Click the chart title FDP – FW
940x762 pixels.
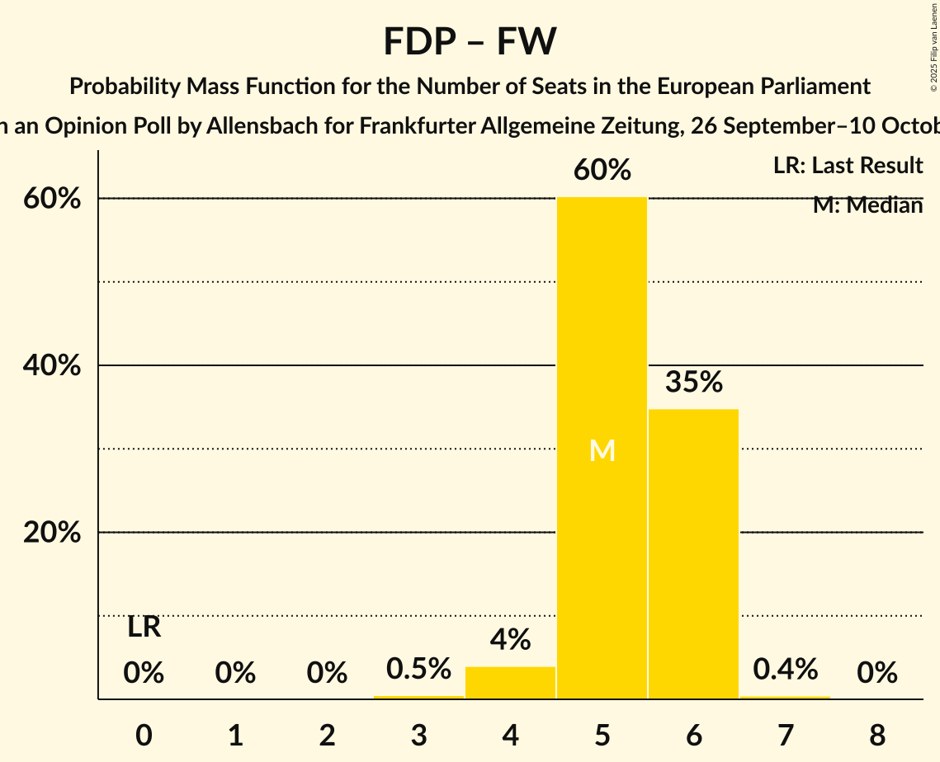[470, 41]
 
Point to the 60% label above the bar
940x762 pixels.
[602, 171]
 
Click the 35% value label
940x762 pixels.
[694, 382]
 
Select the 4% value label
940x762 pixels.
[510, 639]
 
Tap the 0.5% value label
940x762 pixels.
[418, 669]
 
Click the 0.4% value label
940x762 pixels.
[785, 669]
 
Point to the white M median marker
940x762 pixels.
[602, 450]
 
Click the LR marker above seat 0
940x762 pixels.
[144, 628]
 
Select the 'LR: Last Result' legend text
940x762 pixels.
[848, 166]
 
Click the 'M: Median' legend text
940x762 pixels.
[867, 205]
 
